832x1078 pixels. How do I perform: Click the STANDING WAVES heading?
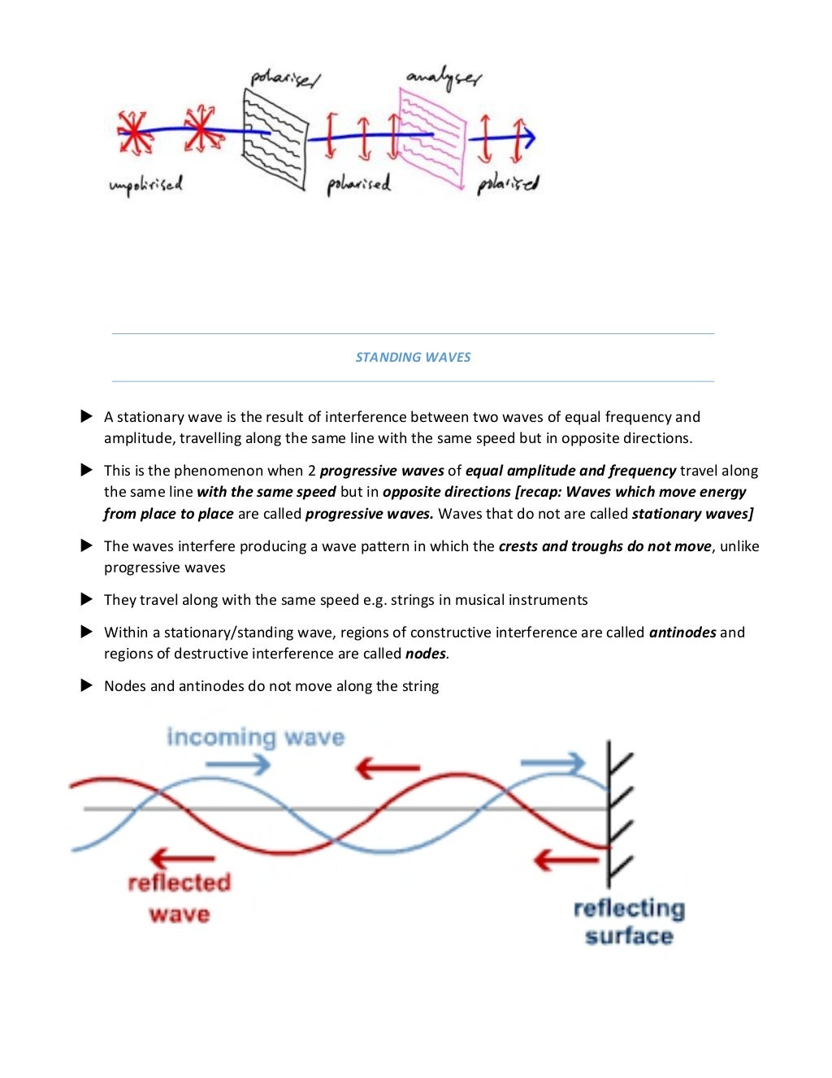(413, 357)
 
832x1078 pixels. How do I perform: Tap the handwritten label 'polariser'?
(285, 79)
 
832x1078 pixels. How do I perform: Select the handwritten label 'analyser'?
(444, 78)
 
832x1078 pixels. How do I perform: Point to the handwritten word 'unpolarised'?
(146, 185)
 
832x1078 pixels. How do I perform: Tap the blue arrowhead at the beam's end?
(527, 138)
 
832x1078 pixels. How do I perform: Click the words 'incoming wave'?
(255, 737)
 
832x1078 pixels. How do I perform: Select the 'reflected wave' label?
(179, 898)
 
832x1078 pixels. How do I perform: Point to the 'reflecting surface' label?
(629, 921)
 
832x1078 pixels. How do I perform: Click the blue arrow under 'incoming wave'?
(237, 764)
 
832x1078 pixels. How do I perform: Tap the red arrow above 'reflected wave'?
(182, 858)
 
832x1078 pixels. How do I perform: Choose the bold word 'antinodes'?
(682, 632)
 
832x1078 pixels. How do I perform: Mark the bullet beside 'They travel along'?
(87, 599)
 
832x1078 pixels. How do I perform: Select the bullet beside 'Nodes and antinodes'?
(87, 685)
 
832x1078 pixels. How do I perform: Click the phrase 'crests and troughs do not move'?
(604, 546)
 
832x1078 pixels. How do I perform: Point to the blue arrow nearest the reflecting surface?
(552, 763)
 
